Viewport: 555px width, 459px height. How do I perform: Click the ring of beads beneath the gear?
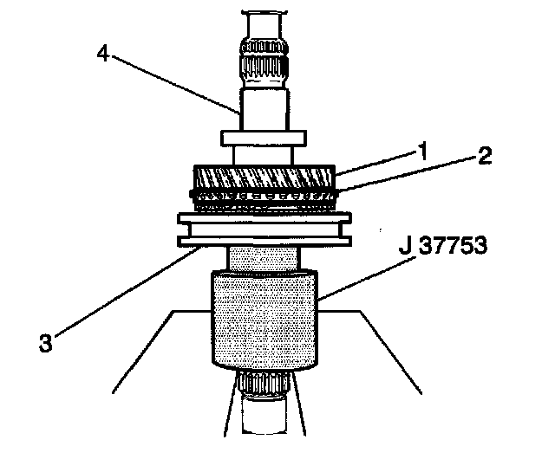(263, 202)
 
